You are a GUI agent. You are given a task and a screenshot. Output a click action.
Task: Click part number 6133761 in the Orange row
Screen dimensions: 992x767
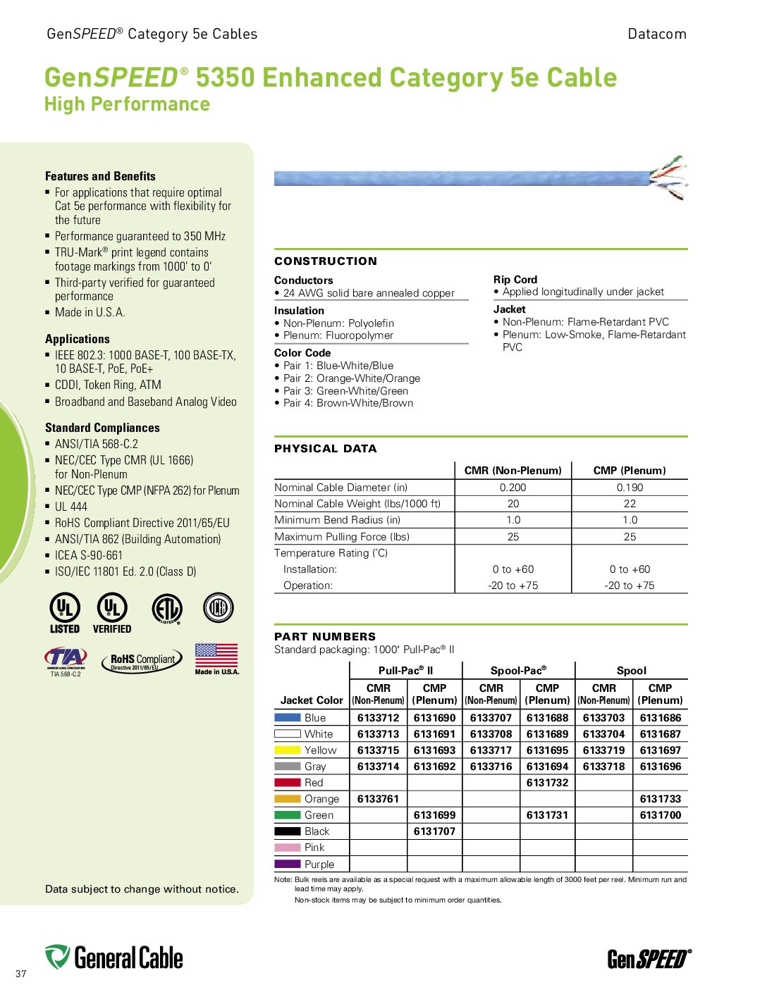[378, 799]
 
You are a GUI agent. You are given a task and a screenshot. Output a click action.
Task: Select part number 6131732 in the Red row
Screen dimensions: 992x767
[547, 783]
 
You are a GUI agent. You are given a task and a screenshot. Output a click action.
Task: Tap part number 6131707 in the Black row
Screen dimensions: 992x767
[434, 831]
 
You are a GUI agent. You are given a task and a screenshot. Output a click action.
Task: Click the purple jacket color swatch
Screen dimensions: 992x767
[288, 864]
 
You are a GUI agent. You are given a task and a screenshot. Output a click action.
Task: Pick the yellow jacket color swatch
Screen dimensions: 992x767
[288, 750]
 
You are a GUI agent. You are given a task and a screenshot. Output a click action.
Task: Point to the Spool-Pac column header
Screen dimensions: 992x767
[518, 671]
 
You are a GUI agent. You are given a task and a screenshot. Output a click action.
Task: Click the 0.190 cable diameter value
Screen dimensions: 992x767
[630, 488]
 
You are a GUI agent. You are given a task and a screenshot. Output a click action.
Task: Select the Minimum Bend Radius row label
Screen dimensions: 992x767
[337, 520]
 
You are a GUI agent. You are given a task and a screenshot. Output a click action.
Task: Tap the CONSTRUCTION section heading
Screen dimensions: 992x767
[326, 261]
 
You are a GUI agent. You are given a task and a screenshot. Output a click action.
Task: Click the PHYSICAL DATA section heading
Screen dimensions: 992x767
[326, 449]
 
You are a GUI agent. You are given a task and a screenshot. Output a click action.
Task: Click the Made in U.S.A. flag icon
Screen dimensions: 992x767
[216, 656]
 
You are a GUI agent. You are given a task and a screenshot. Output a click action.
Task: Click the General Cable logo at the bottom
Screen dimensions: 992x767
[114, 957]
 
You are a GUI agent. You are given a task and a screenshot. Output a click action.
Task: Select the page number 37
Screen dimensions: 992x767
[21, 974]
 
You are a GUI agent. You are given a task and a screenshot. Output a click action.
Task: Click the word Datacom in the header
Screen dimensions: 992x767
[656, 34]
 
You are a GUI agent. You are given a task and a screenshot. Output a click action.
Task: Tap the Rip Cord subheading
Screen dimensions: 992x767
[515, 280]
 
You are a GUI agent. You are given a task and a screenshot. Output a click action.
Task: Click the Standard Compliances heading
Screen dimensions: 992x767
[102, 428]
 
